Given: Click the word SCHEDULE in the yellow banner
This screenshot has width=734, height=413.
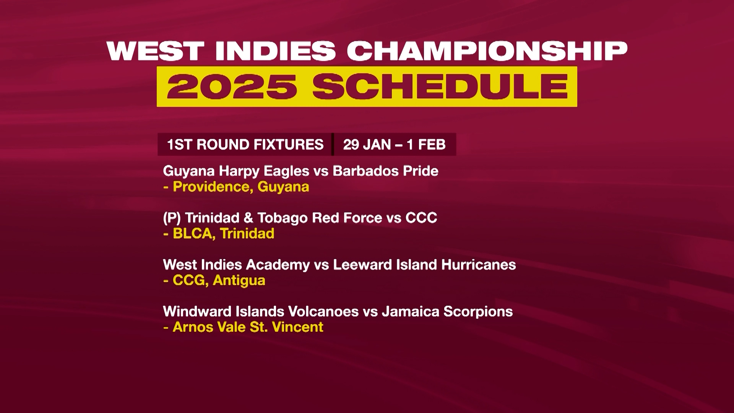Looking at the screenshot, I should tap(440, 86).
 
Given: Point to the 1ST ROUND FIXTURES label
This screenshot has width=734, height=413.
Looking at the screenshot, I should tap(245, 145).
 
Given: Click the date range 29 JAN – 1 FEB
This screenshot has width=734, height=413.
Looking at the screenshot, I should tap(394, 145).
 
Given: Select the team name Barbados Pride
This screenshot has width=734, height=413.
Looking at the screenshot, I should tap(385, 171).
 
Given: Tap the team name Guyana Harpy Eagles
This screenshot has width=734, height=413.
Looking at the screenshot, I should tap(236, 171).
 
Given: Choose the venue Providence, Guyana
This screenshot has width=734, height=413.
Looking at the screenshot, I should tap(241, 187).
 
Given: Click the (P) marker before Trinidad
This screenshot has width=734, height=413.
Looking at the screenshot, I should tap(172, 218).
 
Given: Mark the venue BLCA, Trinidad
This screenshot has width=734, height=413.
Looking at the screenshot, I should tap(223, 233).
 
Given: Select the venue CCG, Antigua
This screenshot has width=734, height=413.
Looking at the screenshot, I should tap(219, 280).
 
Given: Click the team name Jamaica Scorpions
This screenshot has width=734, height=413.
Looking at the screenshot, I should tap(447, 311).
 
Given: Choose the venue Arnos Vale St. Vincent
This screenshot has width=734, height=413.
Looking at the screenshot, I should tap(248, 327).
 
